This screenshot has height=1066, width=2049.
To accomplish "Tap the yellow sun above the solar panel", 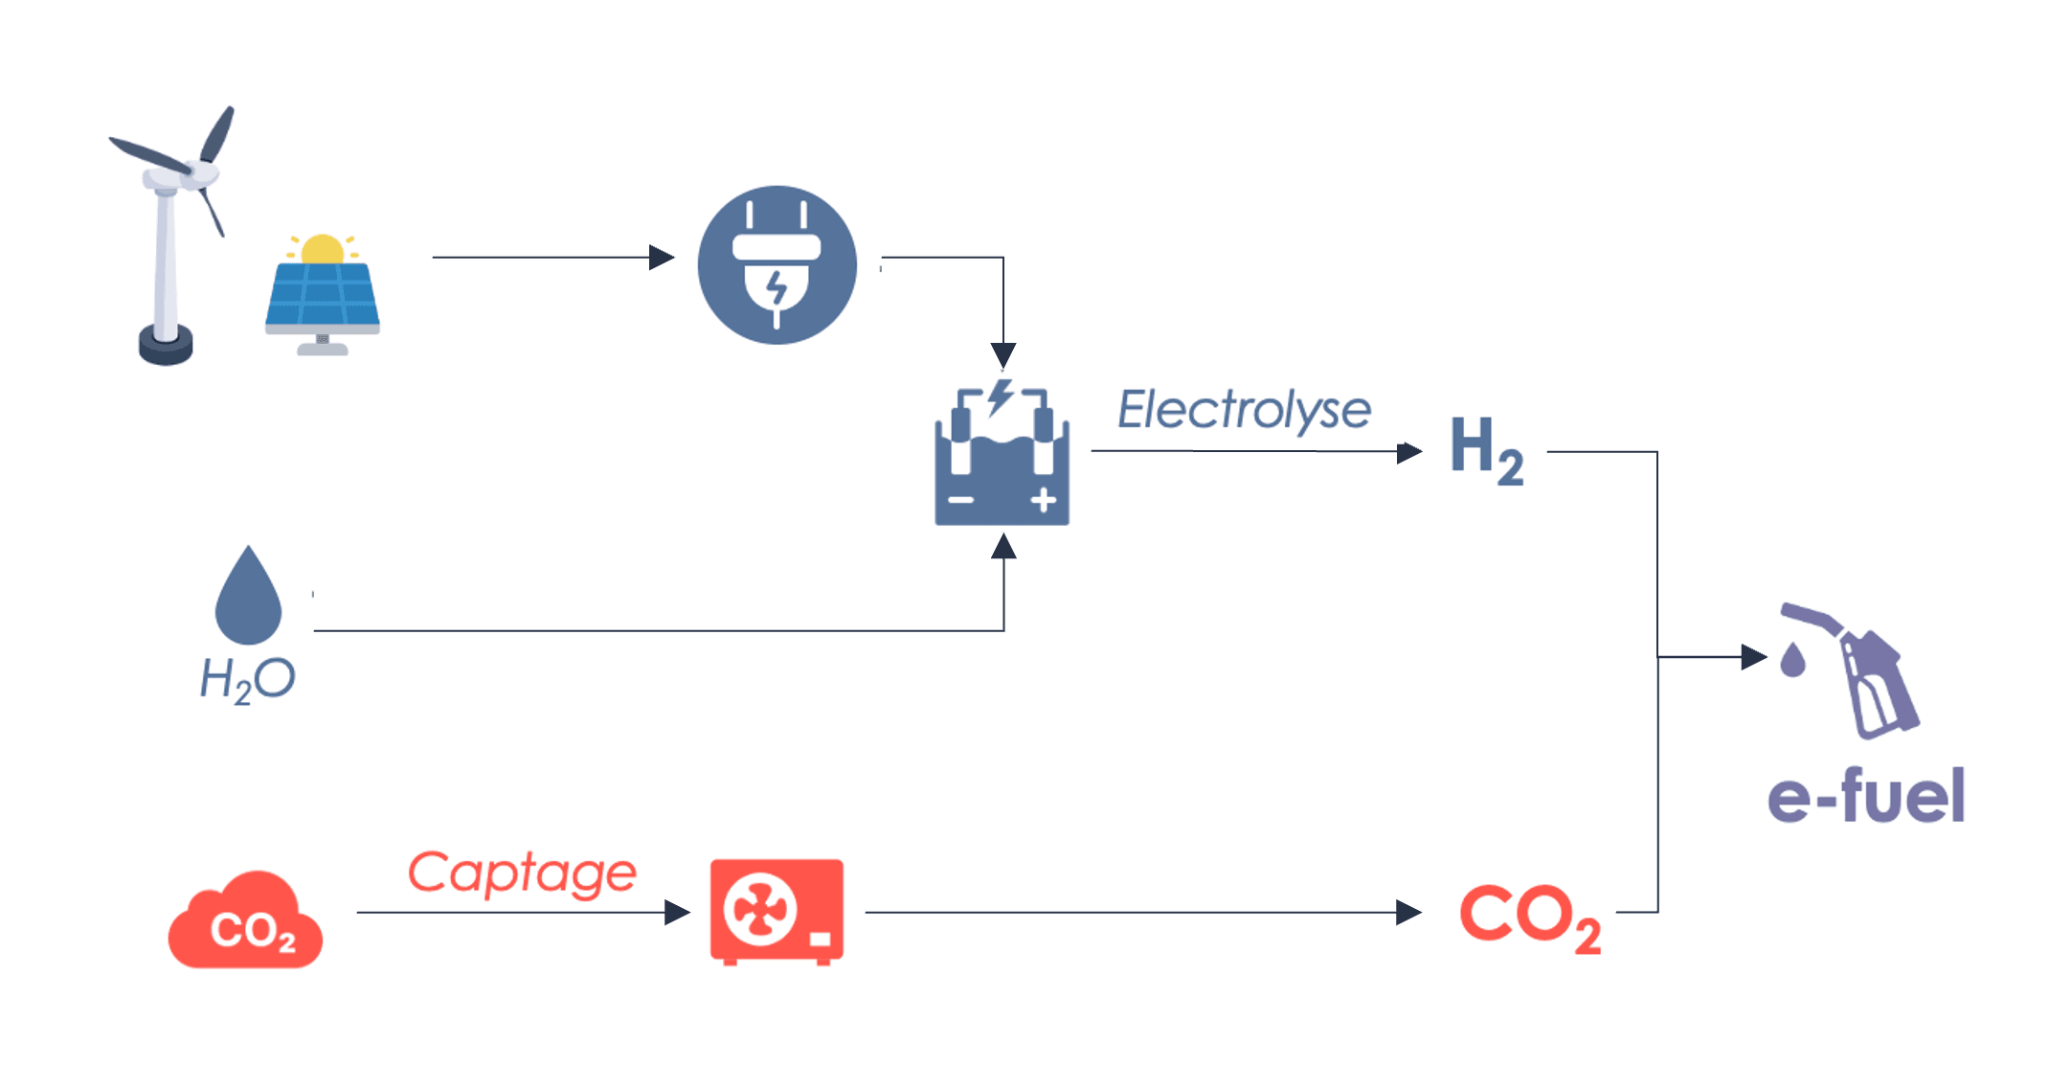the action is click(x=323, y=248).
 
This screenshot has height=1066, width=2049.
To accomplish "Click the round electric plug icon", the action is click(x=777, y=264).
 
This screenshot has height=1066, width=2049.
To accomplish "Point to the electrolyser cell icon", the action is click(x=1002, y=452).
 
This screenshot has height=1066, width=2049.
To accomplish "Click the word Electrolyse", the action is click(x=1244, y=410).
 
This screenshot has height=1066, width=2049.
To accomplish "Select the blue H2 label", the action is click(x=1487, y=450).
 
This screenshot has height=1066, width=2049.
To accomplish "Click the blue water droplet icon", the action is click(x=248, y=595).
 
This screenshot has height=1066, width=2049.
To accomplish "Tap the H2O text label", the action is click(x=247, y=680).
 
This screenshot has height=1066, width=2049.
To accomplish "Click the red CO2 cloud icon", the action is click(x=245, y=920).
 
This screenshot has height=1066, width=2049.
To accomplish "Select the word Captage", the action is click(x=522, y=873).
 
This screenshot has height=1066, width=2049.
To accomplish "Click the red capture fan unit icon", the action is click(x=777, y=912).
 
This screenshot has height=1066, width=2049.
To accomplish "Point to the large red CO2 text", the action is click(x=1529, y=918).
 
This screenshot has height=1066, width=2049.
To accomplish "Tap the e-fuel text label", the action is click(x=1866, y=795).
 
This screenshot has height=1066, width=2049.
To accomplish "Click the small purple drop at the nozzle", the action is click(x=1792, y=659).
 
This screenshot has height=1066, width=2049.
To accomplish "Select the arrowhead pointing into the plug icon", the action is click(x=662, y=257).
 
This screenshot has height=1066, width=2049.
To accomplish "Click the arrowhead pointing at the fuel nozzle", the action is click(x=1754, y=657).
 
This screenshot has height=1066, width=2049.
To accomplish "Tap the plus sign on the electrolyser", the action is click(x=1044, y=500).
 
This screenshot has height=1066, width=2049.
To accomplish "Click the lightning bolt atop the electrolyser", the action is click(x=1001, y=397).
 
